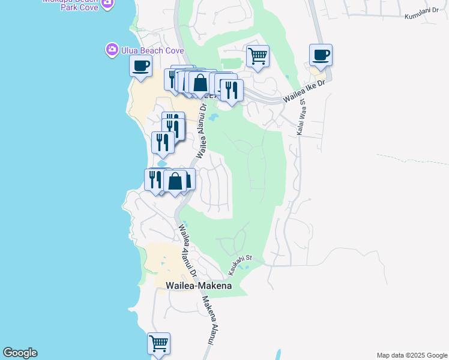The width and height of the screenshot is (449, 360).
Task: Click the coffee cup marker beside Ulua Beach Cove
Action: click(140, 66)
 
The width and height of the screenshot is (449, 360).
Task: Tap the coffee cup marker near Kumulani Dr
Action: click(321, 55)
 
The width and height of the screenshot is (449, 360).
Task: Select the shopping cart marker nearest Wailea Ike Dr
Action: click(258, 56)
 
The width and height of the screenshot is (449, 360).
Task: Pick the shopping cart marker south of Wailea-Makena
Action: click(158, 344)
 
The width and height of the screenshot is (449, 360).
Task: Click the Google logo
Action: click(20, 353)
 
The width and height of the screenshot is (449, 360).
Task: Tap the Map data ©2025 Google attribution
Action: click(412, 355)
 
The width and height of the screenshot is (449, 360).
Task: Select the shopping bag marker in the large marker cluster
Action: click(200, 83)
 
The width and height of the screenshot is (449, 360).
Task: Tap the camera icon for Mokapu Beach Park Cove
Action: click(107, 3)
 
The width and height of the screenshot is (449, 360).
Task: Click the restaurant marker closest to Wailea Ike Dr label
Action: click(231, 90)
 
